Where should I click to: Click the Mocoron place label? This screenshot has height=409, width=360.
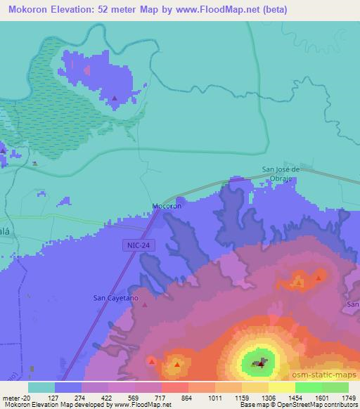(167, 207)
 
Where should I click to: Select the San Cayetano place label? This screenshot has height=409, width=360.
(116, 298)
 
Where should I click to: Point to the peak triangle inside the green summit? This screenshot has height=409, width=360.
(260, 363)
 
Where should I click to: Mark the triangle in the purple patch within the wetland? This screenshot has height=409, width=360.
(115, 98)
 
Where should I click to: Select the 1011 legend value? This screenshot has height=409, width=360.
(213, 397)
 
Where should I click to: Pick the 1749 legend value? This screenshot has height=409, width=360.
(348, 397)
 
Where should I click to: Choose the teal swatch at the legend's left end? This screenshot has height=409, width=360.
(41, 387)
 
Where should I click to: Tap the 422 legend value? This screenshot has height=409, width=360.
(107, 397)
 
